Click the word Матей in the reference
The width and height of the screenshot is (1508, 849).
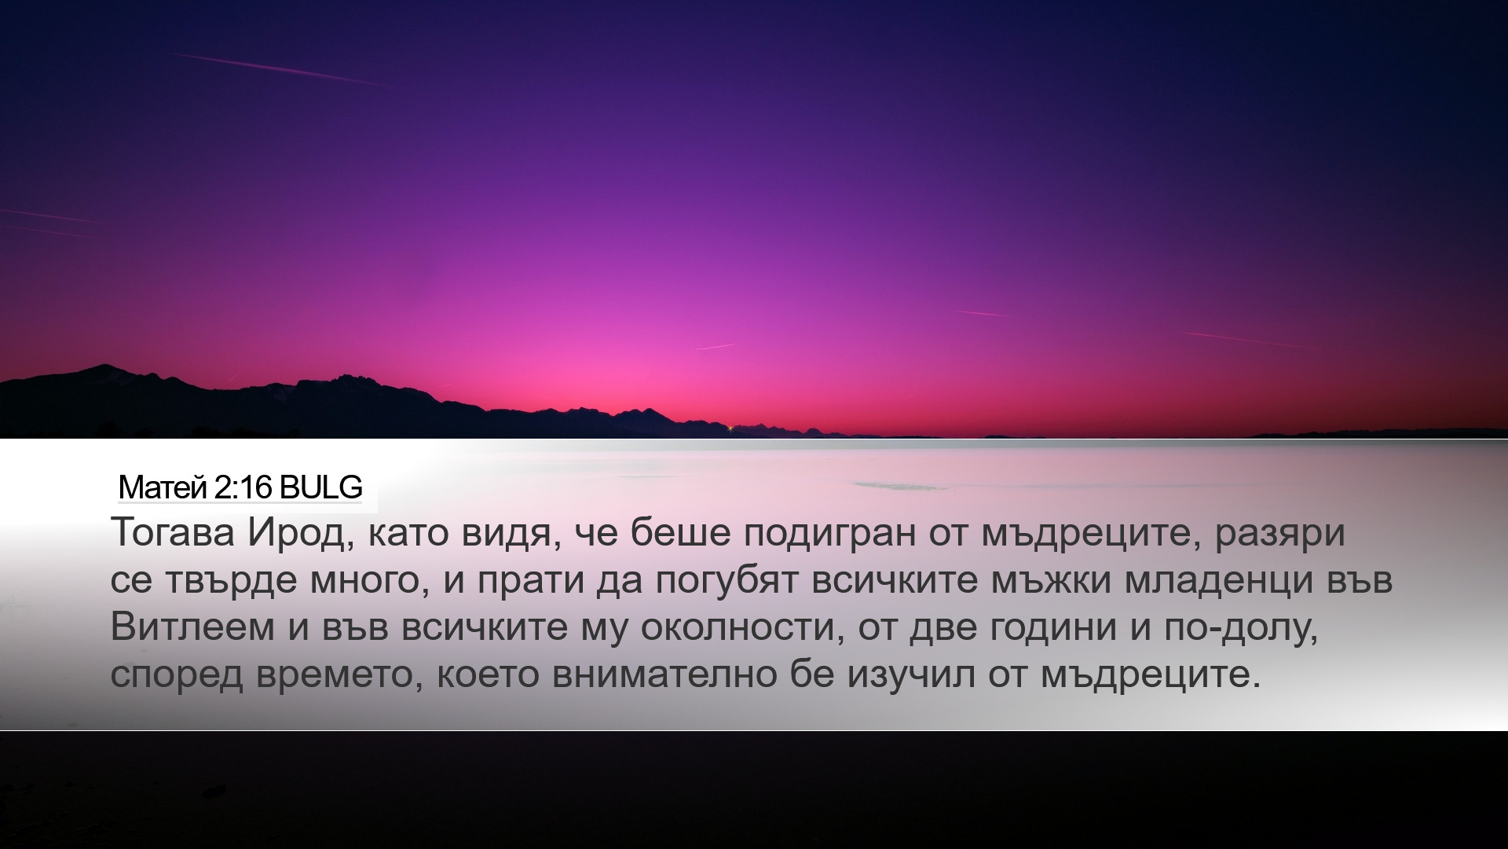(x=163, y=488)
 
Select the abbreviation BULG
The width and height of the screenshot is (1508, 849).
(x=320, y=488)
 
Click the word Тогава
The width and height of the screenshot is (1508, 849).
(x=174, y=534)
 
